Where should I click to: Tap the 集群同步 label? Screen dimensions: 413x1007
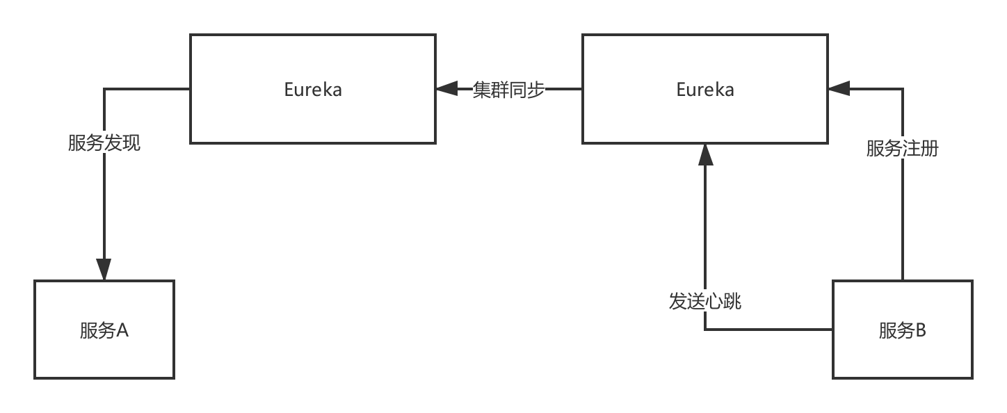pos(508,90)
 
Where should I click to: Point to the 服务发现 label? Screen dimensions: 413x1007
pos(104,143)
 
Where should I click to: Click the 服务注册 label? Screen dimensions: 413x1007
pos(903,148)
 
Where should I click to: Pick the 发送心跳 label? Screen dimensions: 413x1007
pos(705,301)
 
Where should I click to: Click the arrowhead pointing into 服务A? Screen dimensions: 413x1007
pos(104,270)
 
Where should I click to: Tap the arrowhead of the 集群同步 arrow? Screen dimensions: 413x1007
pos(446,89)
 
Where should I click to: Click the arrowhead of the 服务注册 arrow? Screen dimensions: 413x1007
pos(839,89)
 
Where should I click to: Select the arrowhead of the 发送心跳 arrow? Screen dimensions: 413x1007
pos(705,154)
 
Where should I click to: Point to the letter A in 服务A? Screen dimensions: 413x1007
pos(122,330)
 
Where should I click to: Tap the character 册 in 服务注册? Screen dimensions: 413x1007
pos(930,148)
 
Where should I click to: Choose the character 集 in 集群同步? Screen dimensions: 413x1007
pos(482,90)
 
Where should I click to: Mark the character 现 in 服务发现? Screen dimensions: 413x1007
pos(131,143)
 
